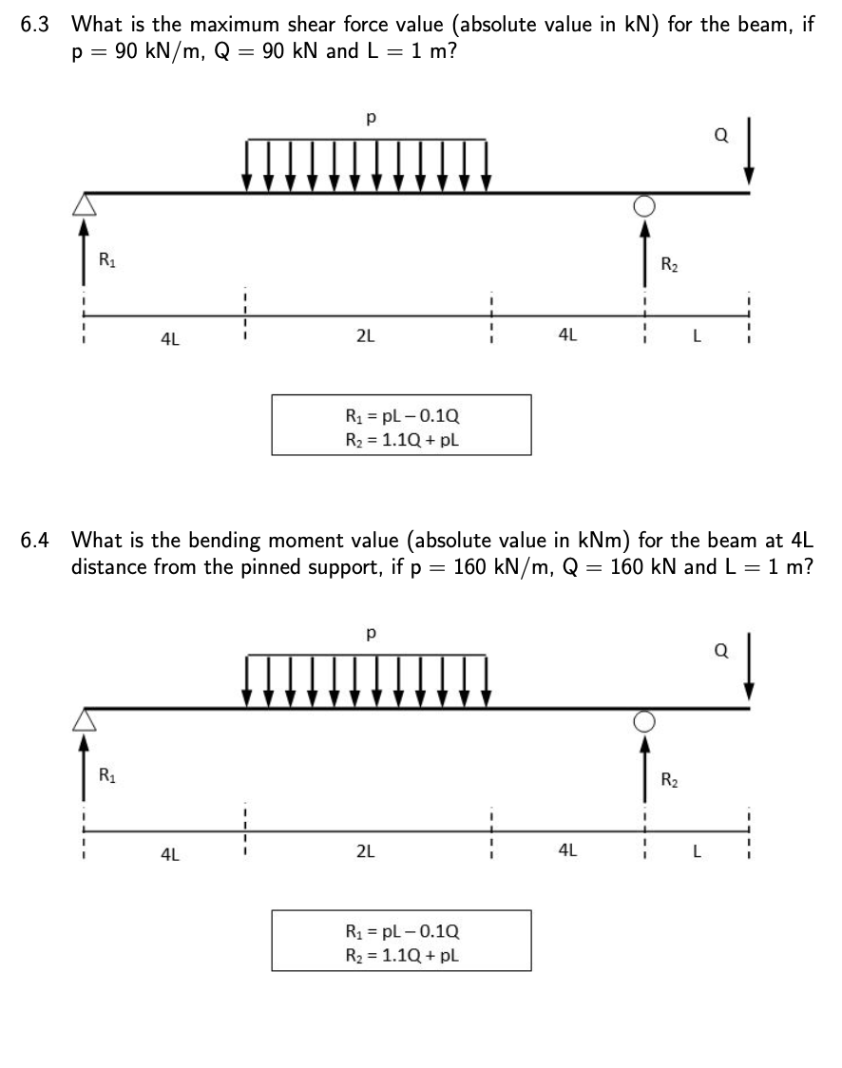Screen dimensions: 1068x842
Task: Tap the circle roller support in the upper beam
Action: (x=645, y=204)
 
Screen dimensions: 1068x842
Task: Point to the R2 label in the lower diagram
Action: (x=669, y=781)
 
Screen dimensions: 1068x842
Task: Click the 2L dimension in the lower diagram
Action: (x=365, y=851)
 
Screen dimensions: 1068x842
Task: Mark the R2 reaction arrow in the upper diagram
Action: (x=645, y=247)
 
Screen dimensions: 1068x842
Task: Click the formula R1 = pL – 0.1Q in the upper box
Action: (x=401, y=416)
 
